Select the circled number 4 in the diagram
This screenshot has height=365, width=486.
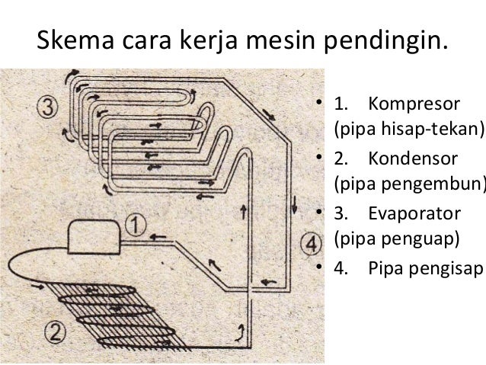[x=309, y=246]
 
